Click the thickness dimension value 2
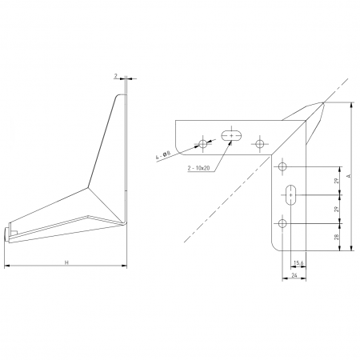coord(116,76)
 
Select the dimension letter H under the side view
coord(66,262)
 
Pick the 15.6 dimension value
coord(298,262)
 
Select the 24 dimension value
coord(295,274)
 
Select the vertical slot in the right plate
coord(290,194)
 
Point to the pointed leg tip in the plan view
coord(322,102)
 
